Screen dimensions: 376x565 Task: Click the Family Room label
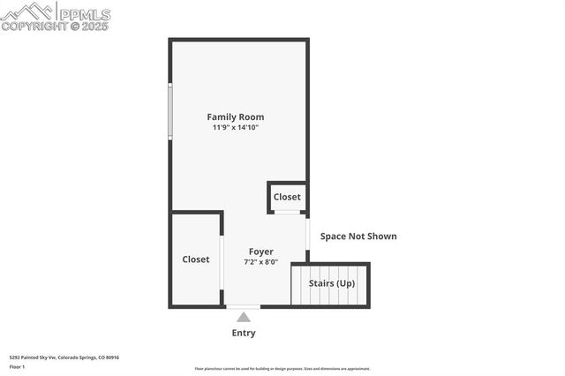coord(235,117)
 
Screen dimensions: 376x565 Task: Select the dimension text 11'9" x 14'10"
coord(235,128)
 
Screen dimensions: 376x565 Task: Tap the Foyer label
coord(260,252)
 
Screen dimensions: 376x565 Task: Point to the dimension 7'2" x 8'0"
coord(260,262)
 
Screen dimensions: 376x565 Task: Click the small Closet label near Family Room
coord(287,197)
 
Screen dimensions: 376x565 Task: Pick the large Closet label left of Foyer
coord(196,259)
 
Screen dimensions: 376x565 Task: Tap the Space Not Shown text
coord(358,236)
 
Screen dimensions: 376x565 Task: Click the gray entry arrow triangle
coord(244,317)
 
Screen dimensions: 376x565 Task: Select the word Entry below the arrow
coord(244,333)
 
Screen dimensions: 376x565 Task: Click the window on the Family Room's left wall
coord(170,111)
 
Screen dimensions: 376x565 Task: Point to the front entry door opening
coord(244,306)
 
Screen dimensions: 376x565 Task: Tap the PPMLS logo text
coord(83,14)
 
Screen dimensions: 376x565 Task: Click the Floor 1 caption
coord(18,365)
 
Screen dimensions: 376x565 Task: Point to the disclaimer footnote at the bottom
coord(282,369)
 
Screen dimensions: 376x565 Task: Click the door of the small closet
coord(287,213)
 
